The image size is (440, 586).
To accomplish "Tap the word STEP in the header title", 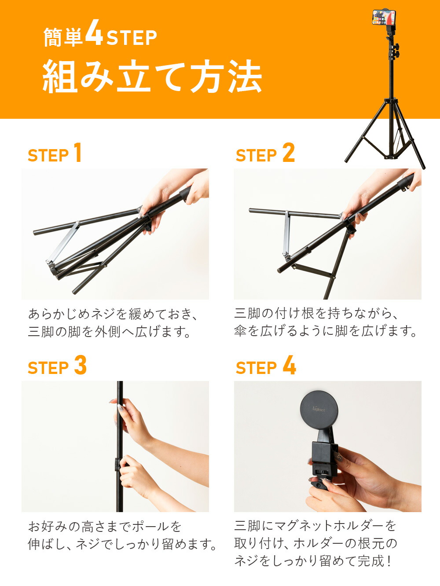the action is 132,38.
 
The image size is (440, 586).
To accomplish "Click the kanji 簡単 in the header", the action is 63,37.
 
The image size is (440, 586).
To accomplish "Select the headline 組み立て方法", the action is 152,77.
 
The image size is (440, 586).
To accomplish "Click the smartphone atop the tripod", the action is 384,17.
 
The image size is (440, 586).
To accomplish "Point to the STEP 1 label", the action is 55,153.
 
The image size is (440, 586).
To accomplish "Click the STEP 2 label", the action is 265,153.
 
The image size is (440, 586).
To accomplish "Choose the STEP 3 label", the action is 57,366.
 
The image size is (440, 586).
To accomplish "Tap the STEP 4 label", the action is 266,366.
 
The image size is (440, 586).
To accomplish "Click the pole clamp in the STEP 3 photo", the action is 117,464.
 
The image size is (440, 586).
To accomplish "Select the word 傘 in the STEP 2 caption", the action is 240,331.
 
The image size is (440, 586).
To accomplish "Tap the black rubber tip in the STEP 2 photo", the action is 406,182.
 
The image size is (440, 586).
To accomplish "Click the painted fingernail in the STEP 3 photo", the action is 121,408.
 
